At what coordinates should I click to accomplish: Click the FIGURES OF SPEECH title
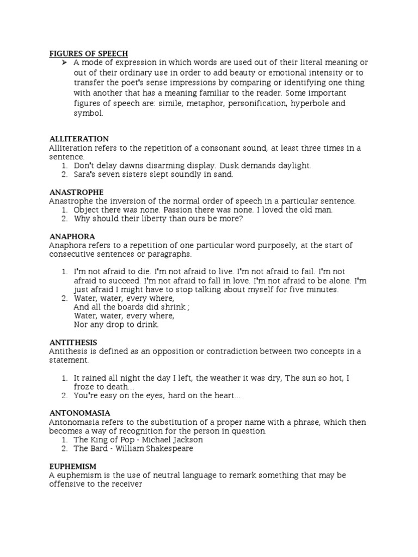point(89,53)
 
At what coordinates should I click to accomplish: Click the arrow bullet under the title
point(63,63)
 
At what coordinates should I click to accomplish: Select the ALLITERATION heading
point(79,139)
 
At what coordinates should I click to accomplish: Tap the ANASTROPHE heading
point(76,192)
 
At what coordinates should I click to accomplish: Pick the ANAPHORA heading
point(72,237)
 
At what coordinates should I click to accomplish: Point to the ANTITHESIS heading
point(73,342)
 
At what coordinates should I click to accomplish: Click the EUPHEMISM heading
point(73,466)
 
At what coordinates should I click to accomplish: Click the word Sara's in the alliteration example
point(85,174)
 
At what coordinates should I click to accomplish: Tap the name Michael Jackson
point(173,440)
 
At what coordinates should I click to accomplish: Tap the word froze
point(85,387)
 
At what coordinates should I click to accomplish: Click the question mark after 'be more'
point(241,219)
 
